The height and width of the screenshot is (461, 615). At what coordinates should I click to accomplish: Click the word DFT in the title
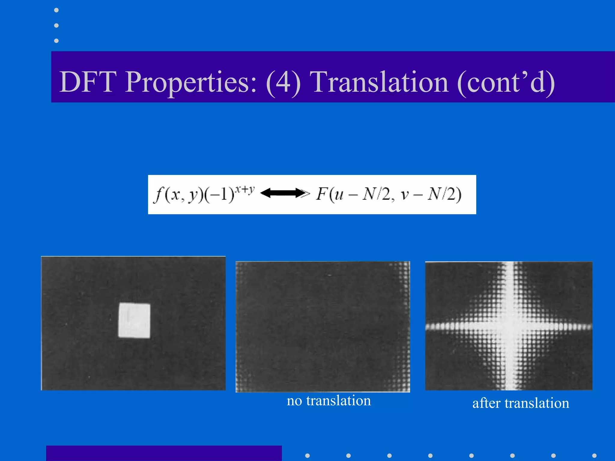pos(88,82)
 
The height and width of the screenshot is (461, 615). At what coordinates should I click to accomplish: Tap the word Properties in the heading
pos(191,82)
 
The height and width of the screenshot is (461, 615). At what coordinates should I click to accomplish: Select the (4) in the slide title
pos(283,82)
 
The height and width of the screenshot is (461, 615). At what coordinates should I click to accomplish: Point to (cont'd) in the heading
pos(506,82)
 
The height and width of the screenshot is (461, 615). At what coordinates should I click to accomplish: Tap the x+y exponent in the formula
pos(245,189)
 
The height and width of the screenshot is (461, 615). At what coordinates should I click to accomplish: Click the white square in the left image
pos(134,321)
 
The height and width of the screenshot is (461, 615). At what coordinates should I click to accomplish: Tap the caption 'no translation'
pos(329,401)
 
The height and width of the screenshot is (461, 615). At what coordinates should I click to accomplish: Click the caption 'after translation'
pos(521,403)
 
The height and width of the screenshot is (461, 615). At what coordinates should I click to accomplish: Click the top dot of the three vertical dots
pos(56,10)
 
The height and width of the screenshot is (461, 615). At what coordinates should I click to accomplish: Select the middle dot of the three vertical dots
pos(56,26)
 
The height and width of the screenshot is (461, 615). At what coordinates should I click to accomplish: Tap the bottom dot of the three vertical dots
pos(56,41)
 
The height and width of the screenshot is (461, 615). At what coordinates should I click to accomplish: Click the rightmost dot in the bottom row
pos(594,456)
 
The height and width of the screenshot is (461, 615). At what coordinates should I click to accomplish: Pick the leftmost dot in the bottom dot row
pos(307,456)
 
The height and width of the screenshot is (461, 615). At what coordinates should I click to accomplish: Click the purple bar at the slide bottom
pos(164,453)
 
